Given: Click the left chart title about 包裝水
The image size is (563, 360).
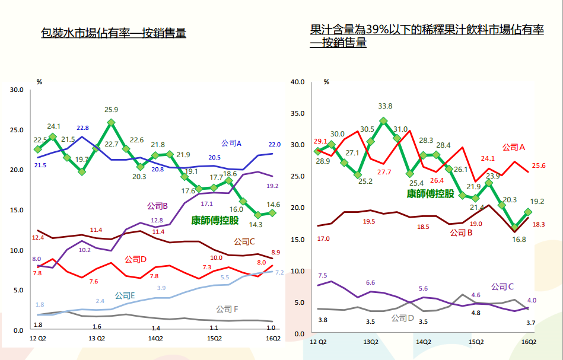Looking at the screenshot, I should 113,33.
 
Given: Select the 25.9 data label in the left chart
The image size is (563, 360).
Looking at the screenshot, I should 111,110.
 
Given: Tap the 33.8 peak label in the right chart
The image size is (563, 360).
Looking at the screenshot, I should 385,106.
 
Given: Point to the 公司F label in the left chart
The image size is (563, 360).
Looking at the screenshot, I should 227,309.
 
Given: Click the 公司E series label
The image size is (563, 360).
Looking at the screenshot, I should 125,295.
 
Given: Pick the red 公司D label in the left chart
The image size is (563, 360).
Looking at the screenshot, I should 135,259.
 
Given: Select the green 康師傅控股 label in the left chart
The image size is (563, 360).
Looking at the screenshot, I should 215,221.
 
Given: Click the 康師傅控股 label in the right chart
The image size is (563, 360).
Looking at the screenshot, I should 430,193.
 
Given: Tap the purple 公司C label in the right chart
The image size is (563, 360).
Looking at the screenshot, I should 502,286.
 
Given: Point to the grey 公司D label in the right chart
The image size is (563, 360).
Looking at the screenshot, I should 403,318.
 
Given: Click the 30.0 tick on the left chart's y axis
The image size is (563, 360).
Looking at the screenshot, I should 17,90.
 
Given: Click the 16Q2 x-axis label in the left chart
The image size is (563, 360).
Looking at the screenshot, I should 272,339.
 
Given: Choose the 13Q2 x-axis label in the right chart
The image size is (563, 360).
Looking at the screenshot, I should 371,342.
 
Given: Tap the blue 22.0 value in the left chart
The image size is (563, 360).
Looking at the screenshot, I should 273,144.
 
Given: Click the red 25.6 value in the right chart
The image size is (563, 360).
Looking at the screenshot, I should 538,166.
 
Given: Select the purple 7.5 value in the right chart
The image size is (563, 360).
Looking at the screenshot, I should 323,275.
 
